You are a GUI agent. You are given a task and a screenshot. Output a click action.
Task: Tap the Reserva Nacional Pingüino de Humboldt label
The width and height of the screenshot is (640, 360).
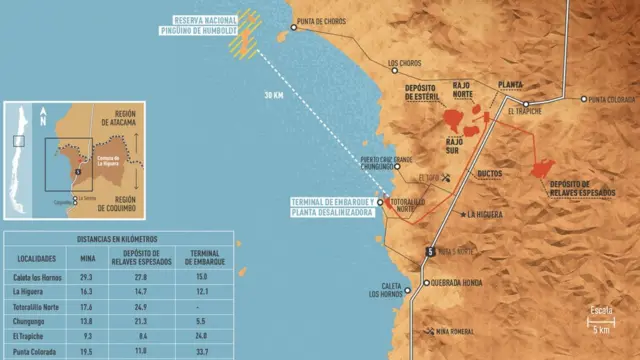pyautogui.click(x=211, y=25)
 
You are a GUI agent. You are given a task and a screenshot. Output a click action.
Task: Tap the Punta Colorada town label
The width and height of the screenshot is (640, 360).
pyautogui.click(x=611, y=100)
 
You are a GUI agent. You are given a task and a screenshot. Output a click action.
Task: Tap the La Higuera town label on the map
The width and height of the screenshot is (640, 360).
pyautogui.click(x=486, y=214)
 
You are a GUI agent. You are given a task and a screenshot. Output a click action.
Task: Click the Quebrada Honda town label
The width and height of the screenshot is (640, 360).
pyautogui.click(x=459, y=283)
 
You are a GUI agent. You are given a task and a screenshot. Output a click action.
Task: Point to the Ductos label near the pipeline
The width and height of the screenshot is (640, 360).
pyautogui.click(x=490, y=173)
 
